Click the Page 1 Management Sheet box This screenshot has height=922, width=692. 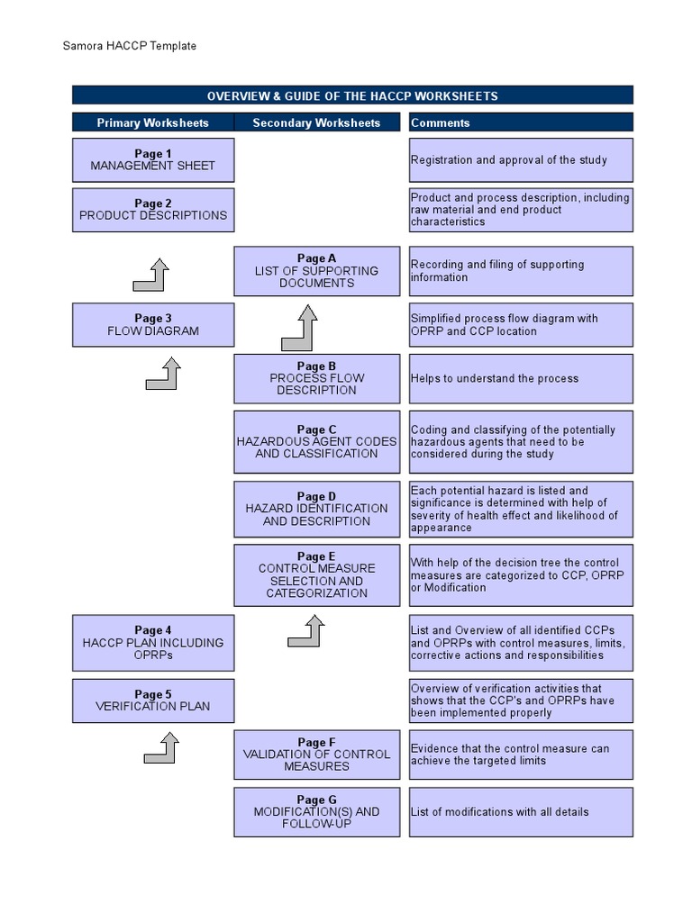coord(153,160)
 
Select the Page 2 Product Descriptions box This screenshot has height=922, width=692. coord(153,210)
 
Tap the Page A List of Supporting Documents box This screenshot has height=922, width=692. coord(316,271)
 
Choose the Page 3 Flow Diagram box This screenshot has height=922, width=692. coord(153,325)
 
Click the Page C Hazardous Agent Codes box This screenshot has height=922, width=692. coord(316,442)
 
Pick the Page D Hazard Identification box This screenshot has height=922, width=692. coord(316,509)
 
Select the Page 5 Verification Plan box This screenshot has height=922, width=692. coord(153,701)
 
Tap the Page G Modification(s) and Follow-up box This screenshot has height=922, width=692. coord(316,812)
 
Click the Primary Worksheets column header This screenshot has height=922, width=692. coord(153,122)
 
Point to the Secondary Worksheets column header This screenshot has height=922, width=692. coord(316,122)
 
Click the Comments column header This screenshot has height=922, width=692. coord(441,122)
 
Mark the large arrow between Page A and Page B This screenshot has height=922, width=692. coord(300,329)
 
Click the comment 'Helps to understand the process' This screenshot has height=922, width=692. coord(495,379)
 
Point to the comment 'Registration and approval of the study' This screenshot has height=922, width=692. coord(509,160)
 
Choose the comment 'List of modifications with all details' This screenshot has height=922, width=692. coord(500,812)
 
